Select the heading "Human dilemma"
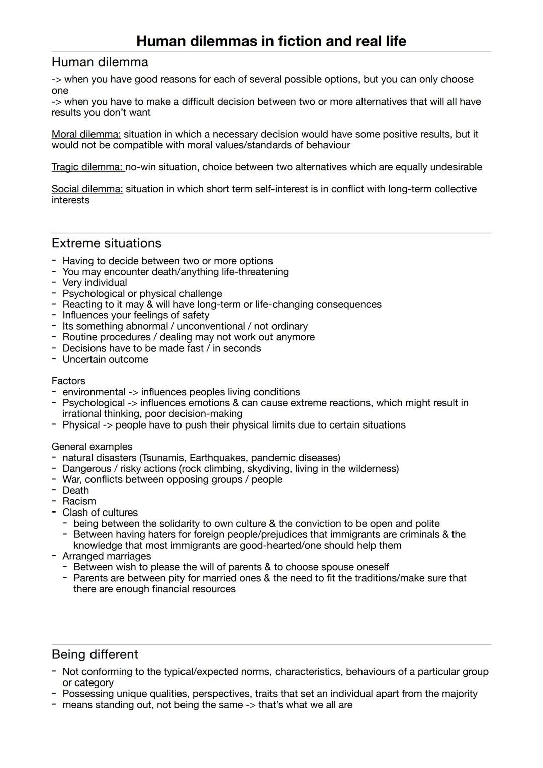pos(100,62)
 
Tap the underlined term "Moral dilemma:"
pos(86,134)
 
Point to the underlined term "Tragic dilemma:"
pos(87,167)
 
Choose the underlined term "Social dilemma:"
pos(87,189)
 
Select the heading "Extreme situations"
pos(106,243)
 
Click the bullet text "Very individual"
pos(95,283)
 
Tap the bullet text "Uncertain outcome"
pos(105,359)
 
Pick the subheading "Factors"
pos(68,381)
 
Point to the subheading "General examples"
pos(92,447)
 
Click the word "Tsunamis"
pos(164,458)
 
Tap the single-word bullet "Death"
pos(75,490)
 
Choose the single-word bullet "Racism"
pos(79,501)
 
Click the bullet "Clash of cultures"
pos(100,513)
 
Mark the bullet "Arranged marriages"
pos(107,556)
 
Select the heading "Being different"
pos(95,654)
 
